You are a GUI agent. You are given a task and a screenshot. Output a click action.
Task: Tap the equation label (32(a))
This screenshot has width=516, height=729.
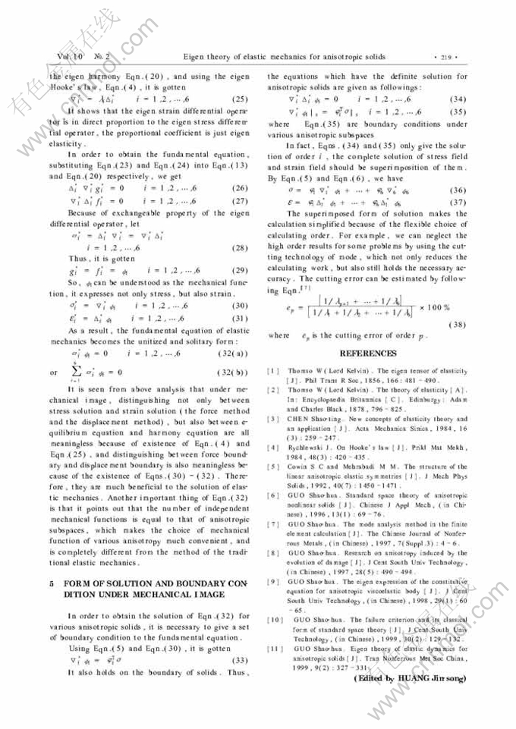(x=232, y=354)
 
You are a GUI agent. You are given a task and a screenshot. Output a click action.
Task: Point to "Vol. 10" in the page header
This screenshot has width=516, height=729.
(x=68, y=57)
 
